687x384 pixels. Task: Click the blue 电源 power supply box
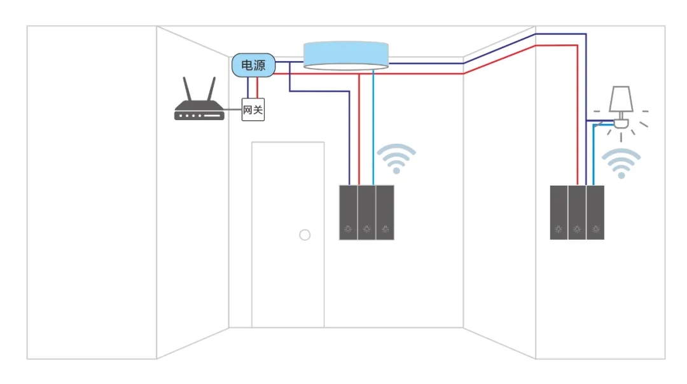click(253, 65)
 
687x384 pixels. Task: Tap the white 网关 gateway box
click(253, 110)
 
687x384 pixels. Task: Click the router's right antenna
click(211, 90)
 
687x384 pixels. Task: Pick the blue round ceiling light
click(345, 55)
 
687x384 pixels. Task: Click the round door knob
click(305, 235)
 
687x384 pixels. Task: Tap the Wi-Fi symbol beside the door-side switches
click(396, 159)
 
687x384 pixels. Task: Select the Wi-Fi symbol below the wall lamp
click(621, 163)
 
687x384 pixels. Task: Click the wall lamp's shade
click(620, 98)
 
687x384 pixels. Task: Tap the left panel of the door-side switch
click(348, 212)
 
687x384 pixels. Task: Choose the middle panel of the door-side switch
click(366, 212)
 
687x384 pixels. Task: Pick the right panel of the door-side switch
click(385, 212)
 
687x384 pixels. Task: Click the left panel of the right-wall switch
click(559, 212)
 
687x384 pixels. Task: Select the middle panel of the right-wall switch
click(577, 212)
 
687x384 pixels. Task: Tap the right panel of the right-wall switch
click(595, 212)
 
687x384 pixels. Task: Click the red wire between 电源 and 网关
click(257, 88)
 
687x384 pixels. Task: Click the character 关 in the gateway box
click(258, 110)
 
